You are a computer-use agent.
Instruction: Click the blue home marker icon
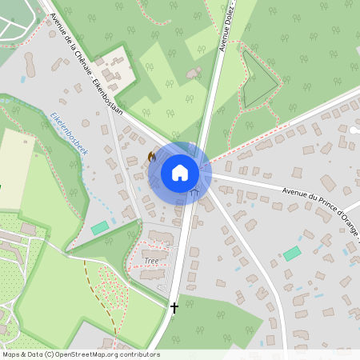click(180, 172)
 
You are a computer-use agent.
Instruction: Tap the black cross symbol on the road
click(174, 306)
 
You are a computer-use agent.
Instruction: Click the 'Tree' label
click(152, 261)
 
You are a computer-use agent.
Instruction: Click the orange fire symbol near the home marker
click(152, 158)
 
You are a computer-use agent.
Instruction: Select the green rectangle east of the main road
click(292, 253)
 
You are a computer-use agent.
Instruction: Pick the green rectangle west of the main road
click(100, 228)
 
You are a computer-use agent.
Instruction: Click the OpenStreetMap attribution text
click(80, 354)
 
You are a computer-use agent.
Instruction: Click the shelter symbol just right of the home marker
click(195, 191)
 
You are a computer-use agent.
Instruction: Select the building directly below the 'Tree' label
click(152, 274)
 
